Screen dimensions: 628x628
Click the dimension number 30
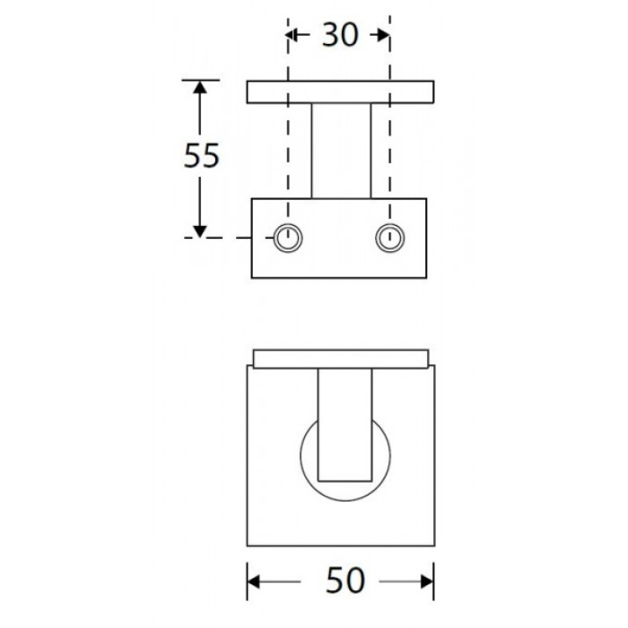point(340,35)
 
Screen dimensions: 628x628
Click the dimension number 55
point(202,155)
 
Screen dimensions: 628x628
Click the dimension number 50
point(345,580)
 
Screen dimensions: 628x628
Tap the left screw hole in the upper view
point(288,238)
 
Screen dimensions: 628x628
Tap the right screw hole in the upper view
point(389,238)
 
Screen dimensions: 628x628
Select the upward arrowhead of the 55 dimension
point(200,87)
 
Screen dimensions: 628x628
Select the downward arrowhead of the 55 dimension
point(200,231)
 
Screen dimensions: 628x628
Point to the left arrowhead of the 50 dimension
point(254,581)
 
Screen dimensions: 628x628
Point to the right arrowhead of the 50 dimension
point(427,581)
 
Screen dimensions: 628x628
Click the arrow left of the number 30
point(299,35)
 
